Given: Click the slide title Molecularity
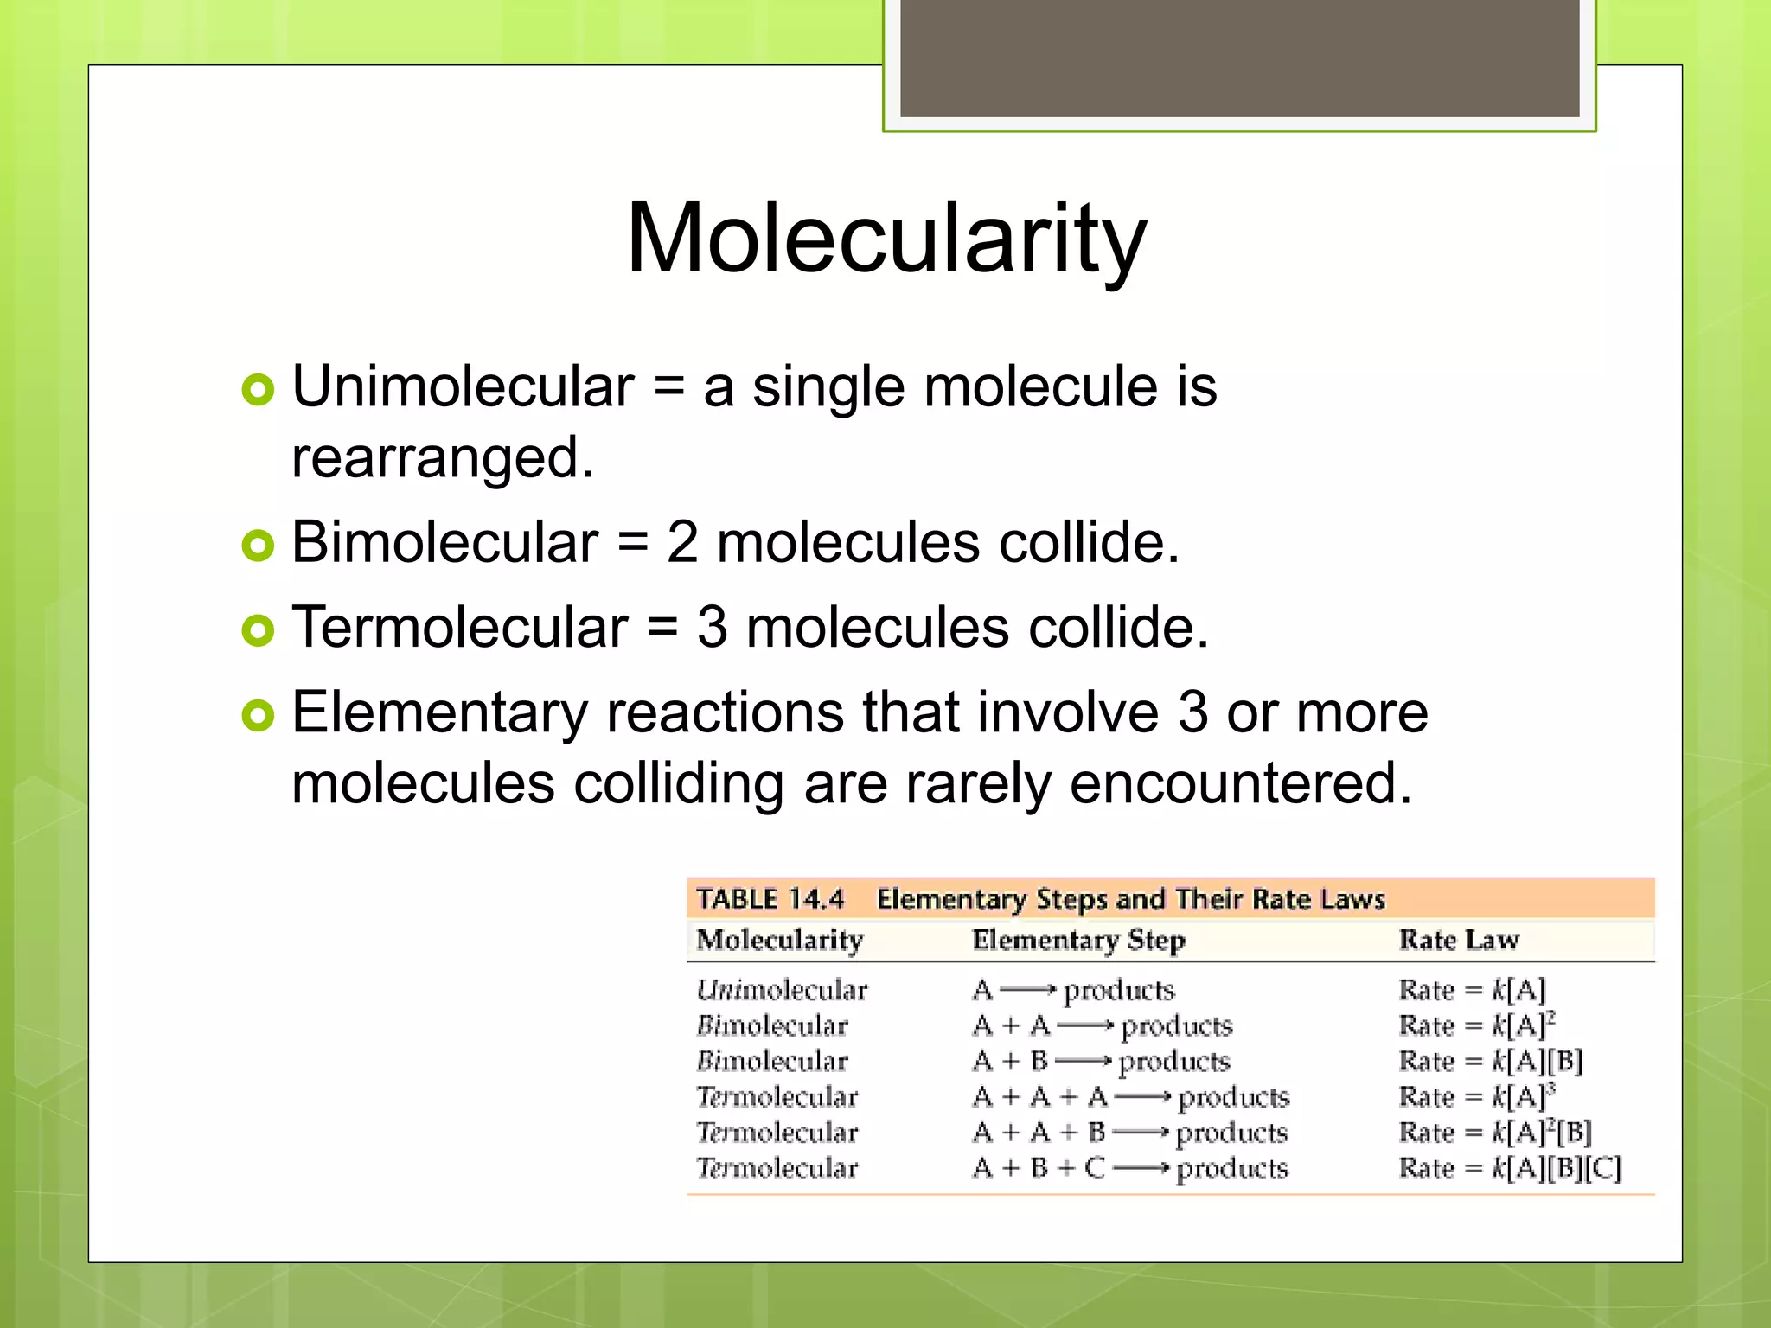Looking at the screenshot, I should point(885,238).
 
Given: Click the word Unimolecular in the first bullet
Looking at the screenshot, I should point(464,386).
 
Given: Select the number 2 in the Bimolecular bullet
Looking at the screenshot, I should point(681,543).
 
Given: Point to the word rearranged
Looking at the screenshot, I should point(443,458).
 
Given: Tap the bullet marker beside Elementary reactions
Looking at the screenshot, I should point(258,715).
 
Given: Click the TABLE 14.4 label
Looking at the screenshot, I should point(770,899).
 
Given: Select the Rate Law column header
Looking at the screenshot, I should point(1459,940).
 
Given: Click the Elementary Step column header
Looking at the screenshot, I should point(1078,940).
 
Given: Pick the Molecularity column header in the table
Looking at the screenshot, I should point(780,940).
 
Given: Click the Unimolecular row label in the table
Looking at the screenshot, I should point(782,990).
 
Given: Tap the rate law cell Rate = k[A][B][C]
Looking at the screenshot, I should point(1510,1168).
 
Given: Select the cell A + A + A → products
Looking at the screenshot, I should point(1131,1097).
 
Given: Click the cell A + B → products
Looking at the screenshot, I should point(1101,1061).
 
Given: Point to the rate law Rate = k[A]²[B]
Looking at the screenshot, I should point(1495,1133).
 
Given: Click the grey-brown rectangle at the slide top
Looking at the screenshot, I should point(1239,57).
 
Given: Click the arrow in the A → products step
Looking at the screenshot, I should point(1027,990).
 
